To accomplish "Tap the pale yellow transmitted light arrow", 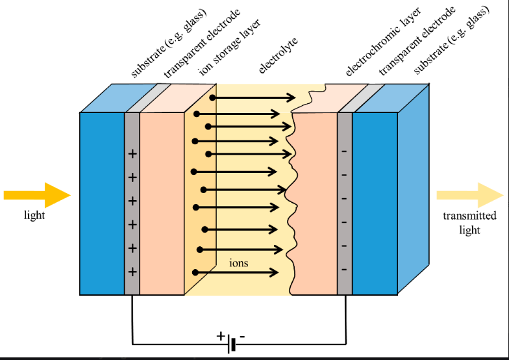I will [469, 195].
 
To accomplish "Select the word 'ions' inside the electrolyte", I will [239, 263].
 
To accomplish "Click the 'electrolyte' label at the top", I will [278, 57].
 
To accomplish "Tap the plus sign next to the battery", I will [221, 336].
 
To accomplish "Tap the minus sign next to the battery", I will [242, 337].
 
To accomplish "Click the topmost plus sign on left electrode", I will [132, 154].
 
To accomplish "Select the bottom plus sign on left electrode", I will [132, 272].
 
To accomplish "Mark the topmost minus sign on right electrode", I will [344, 152].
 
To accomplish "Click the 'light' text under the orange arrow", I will [34, 215].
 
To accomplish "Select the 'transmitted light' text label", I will [469, 223].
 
